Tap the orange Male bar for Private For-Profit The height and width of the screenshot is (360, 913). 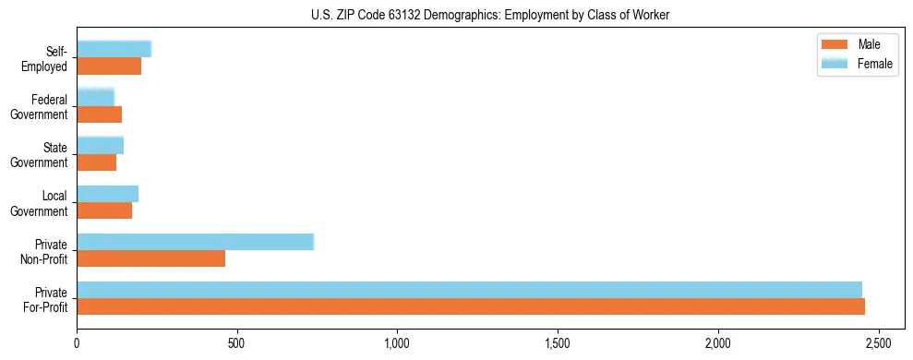[471, 306]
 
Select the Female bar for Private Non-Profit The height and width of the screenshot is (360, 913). [195, 241]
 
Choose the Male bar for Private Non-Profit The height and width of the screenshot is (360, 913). [150, 258]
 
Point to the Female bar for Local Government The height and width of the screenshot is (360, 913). [107, 193]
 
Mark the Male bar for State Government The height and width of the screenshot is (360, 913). [96, 162]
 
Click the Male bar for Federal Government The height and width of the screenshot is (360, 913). [99, 114]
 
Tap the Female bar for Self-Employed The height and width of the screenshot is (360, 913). [114, 49]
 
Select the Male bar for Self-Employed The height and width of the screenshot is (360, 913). [109, 66]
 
